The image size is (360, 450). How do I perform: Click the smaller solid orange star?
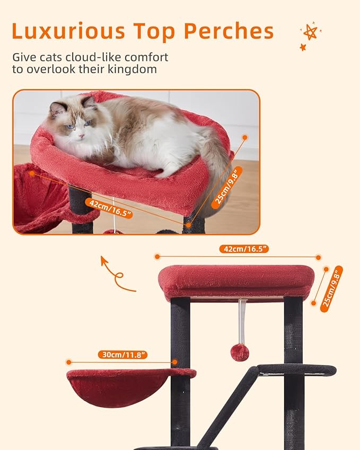(x=303, y=47)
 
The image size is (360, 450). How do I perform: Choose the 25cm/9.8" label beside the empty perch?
(x=331, y=289)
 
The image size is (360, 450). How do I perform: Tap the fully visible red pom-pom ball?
(x=240, y=352)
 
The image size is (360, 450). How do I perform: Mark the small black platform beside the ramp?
(x=297, y=369)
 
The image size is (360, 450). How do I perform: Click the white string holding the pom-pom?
(x=242, y=321)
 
